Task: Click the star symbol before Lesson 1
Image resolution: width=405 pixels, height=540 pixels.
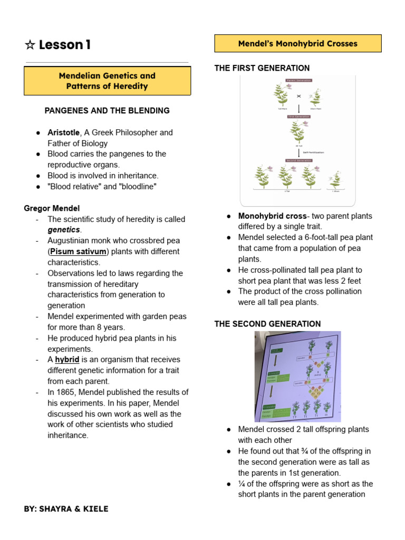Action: pos(30,45)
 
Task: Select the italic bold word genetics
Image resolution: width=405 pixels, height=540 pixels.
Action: pos(64,230)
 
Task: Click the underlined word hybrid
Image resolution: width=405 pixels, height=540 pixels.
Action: pos(67,360)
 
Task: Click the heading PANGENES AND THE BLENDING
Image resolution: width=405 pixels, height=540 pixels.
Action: pos(107,111)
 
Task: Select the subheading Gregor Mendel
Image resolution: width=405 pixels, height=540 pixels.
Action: pos(52,208)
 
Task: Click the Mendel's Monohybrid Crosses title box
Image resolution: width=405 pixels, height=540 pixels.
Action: pos(297,44)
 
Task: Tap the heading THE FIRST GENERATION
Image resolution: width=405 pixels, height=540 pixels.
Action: pos(262,69)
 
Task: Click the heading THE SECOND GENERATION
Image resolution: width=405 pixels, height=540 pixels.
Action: pos(267,324)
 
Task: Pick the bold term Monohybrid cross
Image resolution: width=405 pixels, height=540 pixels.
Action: pos(272,216)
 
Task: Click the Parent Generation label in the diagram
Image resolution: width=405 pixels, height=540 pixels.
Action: pos(298,80)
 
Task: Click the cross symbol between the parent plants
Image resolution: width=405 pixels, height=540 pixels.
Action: pos(299,96)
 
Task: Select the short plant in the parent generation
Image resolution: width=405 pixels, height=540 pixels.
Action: pos(316,98)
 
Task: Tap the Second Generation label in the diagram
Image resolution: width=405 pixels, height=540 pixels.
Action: pos(298,160)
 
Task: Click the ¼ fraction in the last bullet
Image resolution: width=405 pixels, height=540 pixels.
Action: pos(242,484)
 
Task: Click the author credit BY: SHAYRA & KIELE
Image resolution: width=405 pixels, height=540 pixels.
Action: pos(66,509)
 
